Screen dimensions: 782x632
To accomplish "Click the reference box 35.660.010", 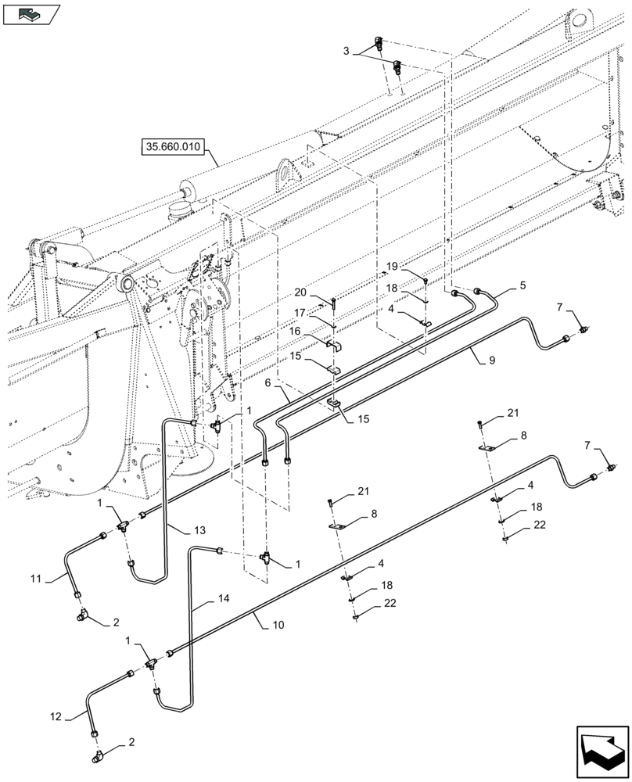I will pyautogui.click(x=171, y=145).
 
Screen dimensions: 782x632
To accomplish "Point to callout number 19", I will pyautogui.click(x=392, y=267).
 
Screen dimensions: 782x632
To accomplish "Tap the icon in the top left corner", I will pyautogui.click(x=32, y=13).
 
